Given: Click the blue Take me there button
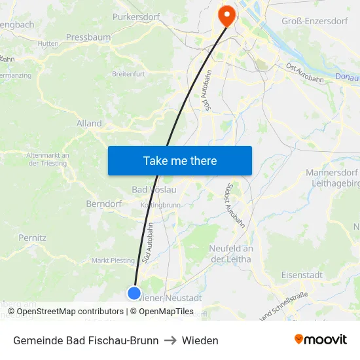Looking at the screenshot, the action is click(x=179, y=160).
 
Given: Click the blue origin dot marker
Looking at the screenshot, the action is click(x=134, y=293).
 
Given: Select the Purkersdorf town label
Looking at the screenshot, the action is click(x=137, y=16).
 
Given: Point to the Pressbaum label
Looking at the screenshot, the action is click(x=88, y=37).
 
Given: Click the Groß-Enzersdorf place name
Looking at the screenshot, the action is click(x=314, y=22).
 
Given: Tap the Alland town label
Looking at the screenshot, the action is click(x=89, y=123).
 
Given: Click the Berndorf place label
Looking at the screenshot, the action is click(x=104, y=204).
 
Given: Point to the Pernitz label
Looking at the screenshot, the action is click(x=33, y=238).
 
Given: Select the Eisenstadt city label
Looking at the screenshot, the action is click(x=301, y=275).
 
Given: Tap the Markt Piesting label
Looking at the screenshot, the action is click(x=113, y=261).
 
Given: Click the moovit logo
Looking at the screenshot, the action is click(x=321, y=339).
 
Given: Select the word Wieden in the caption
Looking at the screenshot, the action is click(x=200, y=340).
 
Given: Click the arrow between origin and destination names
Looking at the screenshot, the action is click(x=170, y=340).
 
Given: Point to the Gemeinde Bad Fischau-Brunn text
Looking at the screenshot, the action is click(x=86, y=340).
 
